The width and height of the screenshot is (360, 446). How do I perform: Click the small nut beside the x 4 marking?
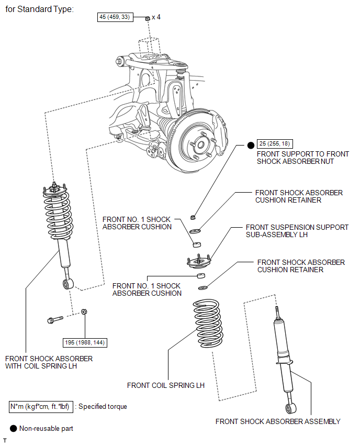click(x=148, y=18)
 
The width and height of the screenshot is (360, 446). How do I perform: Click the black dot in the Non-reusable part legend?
click(x=13, y=428)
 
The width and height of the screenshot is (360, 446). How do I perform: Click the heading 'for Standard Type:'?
click(x=40, y=9)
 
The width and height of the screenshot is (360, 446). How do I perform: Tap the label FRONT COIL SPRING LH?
click(x=166, y=385)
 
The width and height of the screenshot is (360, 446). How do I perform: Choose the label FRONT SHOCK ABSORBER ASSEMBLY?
click(x=278, y=421)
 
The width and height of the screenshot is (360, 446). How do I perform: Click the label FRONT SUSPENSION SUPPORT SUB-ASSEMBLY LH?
click(x=297, y=231)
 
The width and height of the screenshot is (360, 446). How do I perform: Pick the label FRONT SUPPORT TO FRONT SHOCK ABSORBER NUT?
click(x=303, y=158)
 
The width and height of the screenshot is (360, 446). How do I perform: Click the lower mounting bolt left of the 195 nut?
click(x=55, y=320)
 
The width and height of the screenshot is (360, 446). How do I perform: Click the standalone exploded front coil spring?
click(x=208, y=323)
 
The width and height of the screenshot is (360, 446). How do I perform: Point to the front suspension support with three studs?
click(x=199, y=262)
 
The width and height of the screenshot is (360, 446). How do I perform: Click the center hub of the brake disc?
click(x=200, y=145)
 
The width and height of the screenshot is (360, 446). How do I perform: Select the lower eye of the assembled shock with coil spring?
click(x=68, y=284)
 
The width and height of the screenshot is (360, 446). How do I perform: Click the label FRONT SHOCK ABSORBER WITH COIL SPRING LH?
click(x=49, y=362)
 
